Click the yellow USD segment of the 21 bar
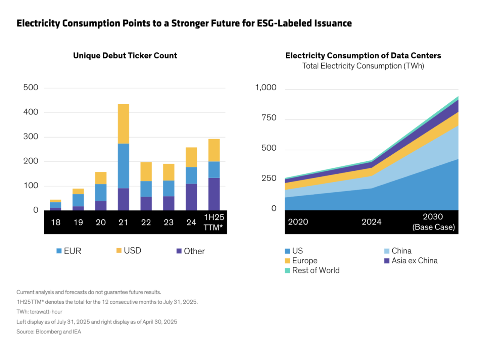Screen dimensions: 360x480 [x=123, y=124]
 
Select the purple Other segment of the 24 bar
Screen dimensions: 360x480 [x=191, y=197]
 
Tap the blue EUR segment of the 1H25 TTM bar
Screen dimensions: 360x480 [x=214, y=169]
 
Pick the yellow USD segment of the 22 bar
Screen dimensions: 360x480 [x=146, y=171]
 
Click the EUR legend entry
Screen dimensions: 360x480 [x=69, y=251]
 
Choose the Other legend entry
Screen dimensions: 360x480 [x=191, y=251]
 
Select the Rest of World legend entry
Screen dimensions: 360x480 [x=312, y=270]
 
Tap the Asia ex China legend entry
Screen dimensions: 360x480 [x=411, y=261]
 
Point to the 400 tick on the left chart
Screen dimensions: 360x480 [x=31, y=112]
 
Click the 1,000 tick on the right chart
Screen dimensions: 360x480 [x=265, y=87]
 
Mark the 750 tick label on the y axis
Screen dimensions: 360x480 [x=268, y=118]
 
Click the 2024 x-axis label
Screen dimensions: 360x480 [x=371, y=222]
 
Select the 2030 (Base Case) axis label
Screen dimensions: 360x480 [x=433, y=222]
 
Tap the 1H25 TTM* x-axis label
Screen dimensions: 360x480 [x=214, y=222]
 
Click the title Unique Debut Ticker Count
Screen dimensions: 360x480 [x=125, y=55]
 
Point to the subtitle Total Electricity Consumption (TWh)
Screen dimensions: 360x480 [x=363, y=66]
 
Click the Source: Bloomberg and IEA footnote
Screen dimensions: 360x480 [x=49, y=331]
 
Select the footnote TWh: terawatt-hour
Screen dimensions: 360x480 [x=39, y=312]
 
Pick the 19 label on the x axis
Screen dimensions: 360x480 [x=78, y=222]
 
